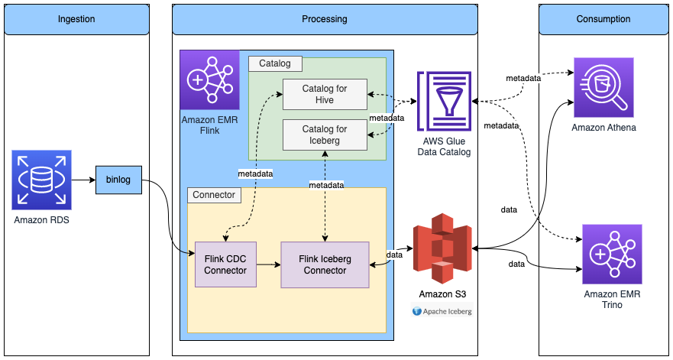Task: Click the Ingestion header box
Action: click(76, 19)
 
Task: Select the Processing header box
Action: click(325, 19)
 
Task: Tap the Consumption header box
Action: click(603, 19)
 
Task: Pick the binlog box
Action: click(118, 180)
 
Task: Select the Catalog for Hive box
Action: click(324, 94)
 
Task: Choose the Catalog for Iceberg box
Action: click(324, 135)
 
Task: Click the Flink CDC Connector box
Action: click(225, 264)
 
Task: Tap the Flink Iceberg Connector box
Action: click(325, 264)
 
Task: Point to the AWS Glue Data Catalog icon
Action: click(445, 101)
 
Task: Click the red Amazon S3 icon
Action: click(442, 248)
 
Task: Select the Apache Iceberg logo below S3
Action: click(442, 311)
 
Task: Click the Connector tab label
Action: click(214, 195)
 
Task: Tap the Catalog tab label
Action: click(275, 63)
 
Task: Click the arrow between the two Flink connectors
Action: click(268, 264)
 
